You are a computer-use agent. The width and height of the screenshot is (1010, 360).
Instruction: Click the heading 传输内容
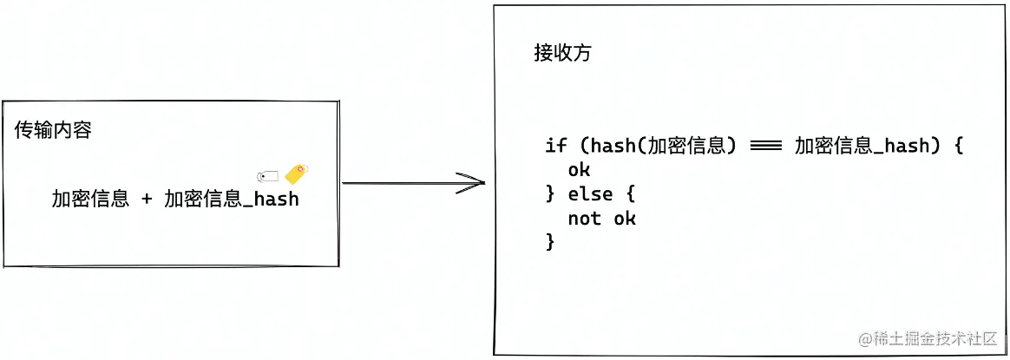[53, 131]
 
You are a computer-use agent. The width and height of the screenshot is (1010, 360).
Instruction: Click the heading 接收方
[562, 54]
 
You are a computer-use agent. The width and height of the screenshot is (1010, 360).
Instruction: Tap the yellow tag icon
[297, 173]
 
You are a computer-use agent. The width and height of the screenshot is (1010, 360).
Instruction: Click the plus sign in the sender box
[147, 199]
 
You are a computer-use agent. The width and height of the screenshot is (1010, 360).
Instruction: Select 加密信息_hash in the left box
[231, 199]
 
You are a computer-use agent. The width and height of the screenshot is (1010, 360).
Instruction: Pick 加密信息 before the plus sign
[90, 199]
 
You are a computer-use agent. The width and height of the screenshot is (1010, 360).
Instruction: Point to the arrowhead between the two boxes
[473, 183]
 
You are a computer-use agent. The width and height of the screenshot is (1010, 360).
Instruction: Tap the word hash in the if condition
[613, 146]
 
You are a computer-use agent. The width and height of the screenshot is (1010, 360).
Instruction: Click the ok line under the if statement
[579, 170]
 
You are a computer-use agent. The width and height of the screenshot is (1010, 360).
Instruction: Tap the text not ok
[601, 218]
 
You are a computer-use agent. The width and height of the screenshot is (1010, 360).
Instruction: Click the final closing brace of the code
[549, 242]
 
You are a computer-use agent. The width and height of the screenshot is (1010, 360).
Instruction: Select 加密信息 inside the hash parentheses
[686, 146]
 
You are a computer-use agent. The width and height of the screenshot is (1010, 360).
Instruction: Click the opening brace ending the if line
[958, 146]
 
